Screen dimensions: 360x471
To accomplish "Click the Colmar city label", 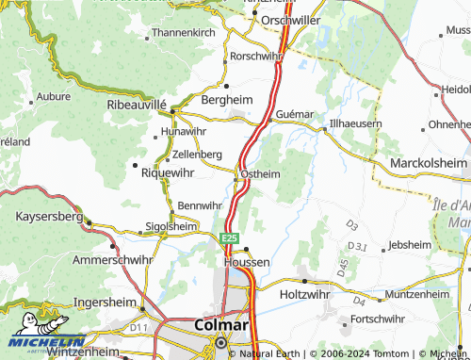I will tap(220, 325).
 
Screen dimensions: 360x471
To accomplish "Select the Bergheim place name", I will tap(223, 99).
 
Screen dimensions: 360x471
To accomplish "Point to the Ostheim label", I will tap(261, 173).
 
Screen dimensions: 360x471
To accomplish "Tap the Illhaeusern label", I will tap(355, 123).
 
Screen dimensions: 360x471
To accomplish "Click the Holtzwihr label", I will tap(309, 295).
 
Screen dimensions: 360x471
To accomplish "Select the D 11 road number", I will tap(139, 327).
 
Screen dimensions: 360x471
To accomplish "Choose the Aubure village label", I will tap(52, 97).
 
